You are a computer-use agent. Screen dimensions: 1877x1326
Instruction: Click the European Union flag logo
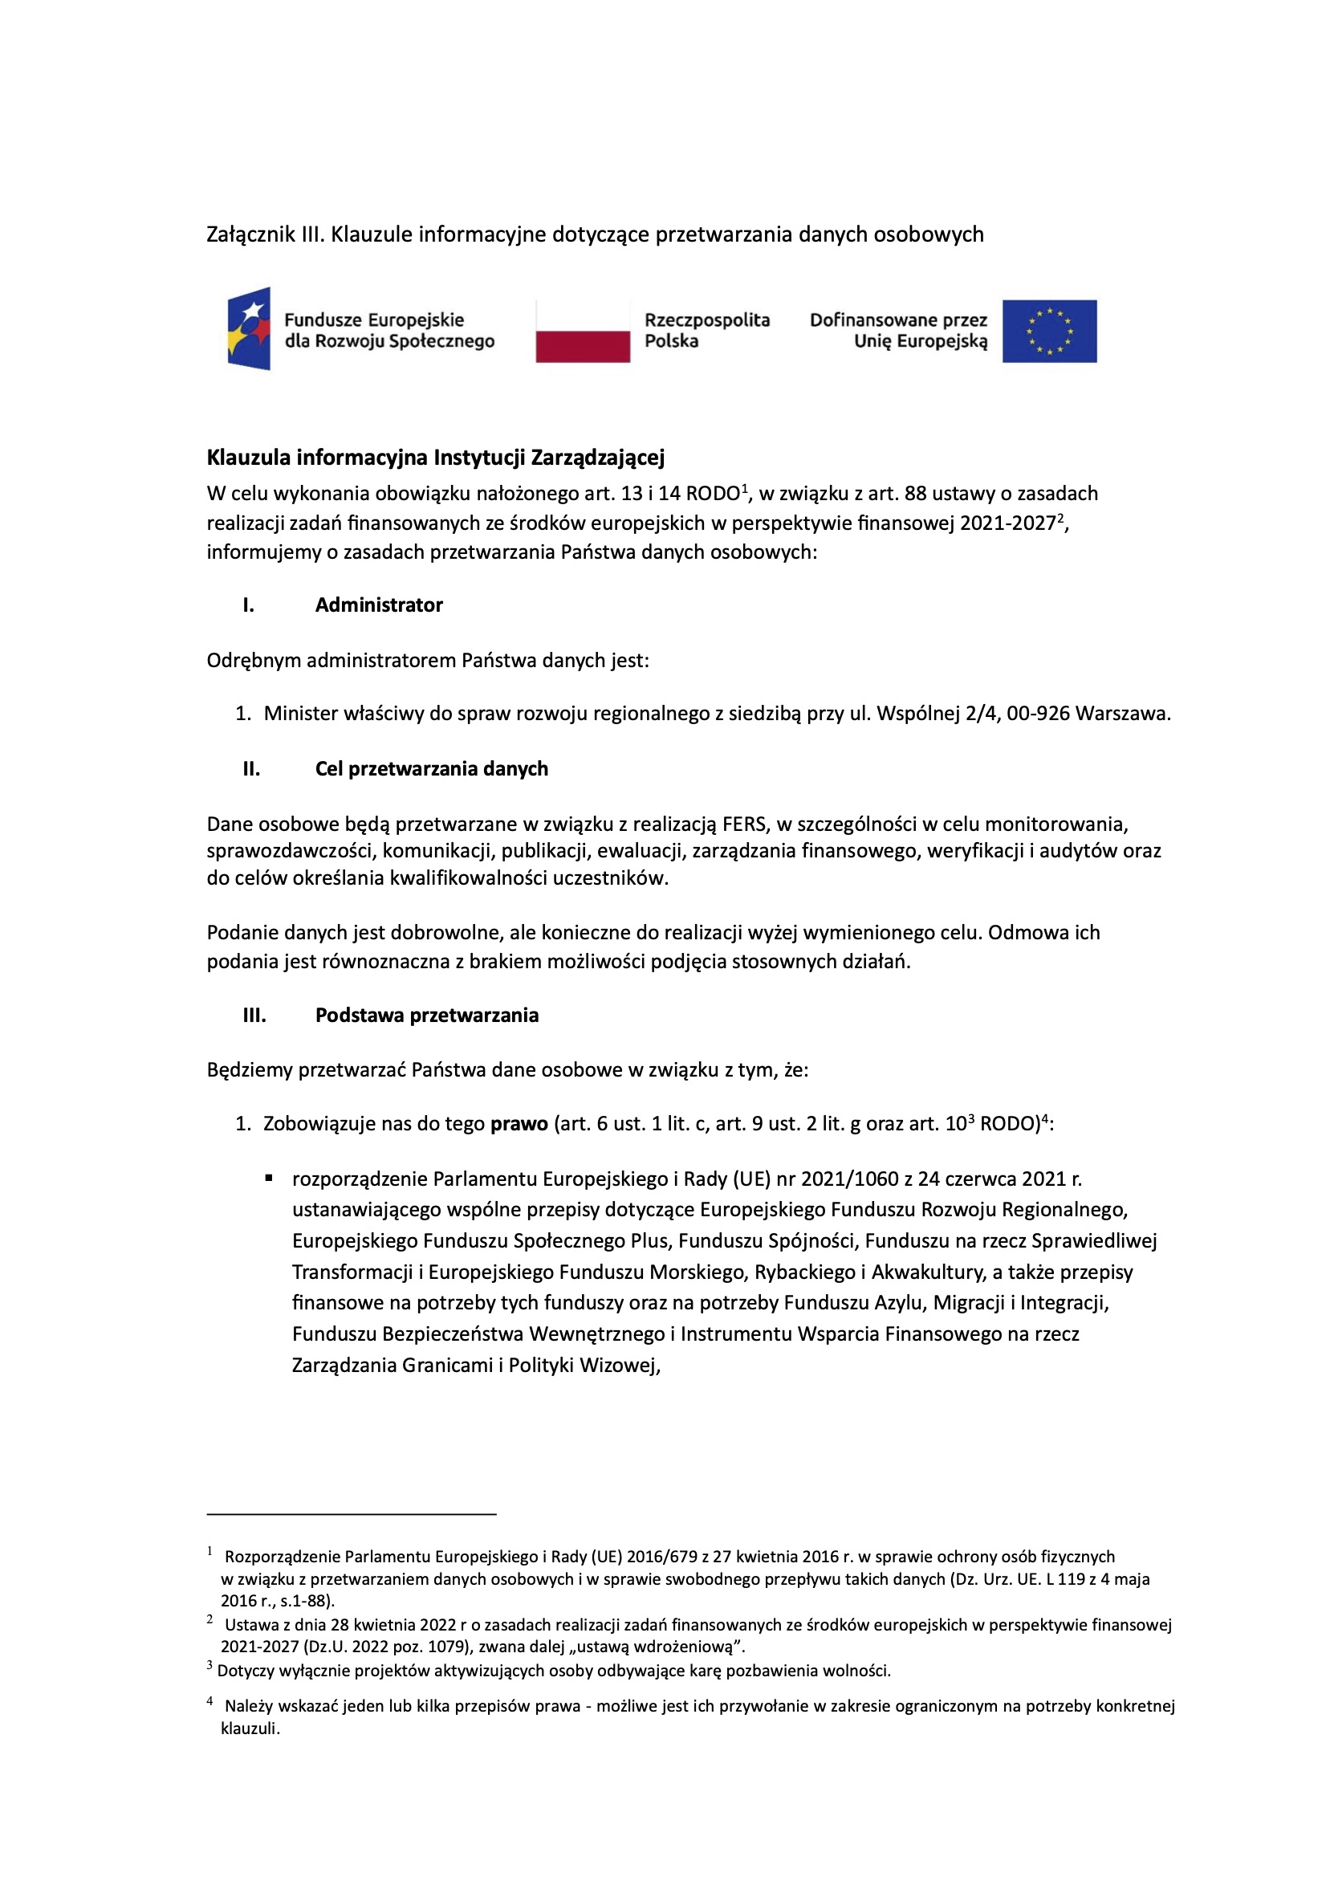(x=1049, y=331)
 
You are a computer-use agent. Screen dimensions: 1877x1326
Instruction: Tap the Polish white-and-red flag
(x=582, y=331)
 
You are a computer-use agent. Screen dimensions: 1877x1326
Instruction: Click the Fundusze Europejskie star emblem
(x=250, y=328)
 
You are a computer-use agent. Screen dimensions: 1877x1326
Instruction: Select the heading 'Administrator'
(x=379, y=605)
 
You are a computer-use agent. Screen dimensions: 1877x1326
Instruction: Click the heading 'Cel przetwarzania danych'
(x=431, y=768)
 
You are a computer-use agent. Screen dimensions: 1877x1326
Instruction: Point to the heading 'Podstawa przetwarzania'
(x=427, y=1016)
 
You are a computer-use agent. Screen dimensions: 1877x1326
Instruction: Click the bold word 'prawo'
(x=519, y=1124)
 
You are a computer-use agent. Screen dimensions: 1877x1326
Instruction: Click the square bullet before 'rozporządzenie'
(x=269, y=1178)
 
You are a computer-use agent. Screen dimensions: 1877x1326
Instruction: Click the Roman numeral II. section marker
(x=251, y=768)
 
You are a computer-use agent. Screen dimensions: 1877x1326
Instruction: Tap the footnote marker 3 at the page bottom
(x=210, y=1665)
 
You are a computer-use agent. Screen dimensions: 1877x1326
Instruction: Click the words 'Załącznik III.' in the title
(x=266, y=234)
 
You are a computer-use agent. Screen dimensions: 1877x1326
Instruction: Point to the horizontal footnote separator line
(x=352, y=1514)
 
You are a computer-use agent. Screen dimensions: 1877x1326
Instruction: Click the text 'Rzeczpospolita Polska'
(x=706, y=330)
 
